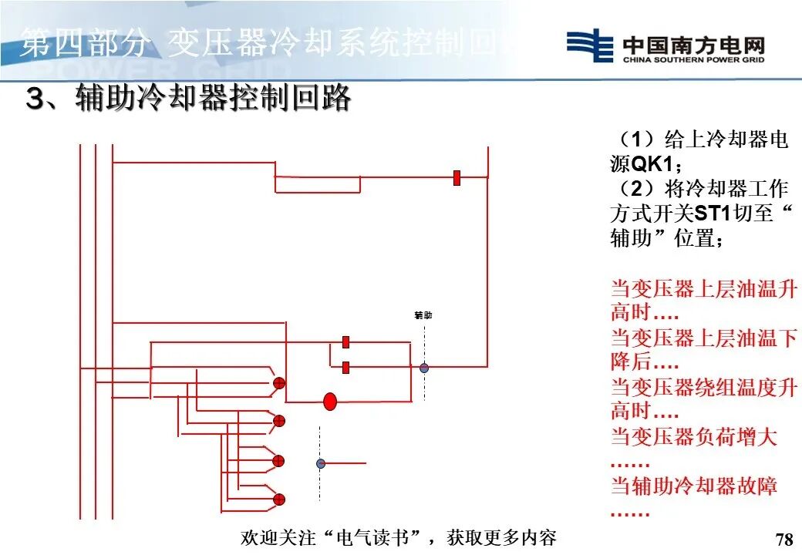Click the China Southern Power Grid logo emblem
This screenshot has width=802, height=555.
coord(590,45)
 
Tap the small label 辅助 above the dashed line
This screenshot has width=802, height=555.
coord(423,315)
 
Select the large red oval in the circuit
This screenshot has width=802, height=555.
coord(330,401)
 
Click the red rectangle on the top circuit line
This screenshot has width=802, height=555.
coord(457,178)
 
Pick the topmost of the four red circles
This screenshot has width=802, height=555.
coord(279,383)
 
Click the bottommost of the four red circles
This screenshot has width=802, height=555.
coord(279,499)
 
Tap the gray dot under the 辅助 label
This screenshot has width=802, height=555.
coord(423,368)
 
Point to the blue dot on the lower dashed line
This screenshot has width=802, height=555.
coord(321,463)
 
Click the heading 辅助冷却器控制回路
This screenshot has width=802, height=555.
coord(213,99)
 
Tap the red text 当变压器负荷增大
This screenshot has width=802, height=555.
coord(694,437)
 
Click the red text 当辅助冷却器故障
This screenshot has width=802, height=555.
coord(694,486)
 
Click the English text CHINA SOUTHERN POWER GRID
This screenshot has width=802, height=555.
coord(693,59)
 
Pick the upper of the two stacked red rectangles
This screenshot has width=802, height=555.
coord(345,341)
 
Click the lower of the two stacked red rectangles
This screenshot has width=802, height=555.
coord(345,367)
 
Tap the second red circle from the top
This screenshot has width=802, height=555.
coord(279,421)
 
